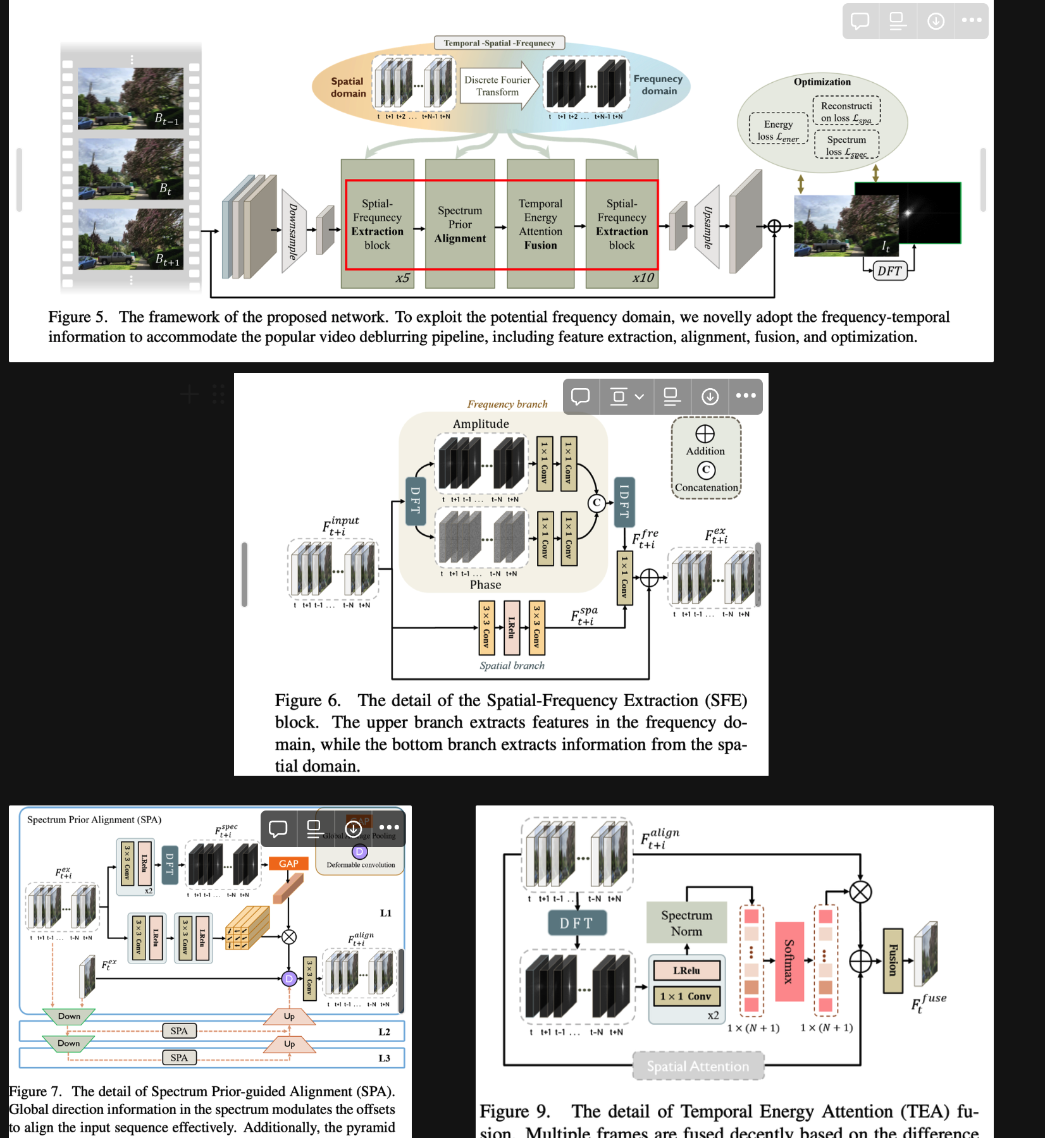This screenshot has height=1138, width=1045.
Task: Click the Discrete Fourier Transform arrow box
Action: [498, 86]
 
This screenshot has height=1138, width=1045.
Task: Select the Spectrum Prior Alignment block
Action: [460, 224]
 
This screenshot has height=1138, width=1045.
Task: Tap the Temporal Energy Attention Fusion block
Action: [540, 224]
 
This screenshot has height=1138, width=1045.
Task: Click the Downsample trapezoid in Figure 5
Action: [293, 231]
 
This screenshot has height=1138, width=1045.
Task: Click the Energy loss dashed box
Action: [778, 130]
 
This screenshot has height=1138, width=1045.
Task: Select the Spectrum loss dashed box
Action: [846, 145]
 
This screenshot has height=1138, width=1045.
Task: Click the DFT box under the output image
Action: [889, 271]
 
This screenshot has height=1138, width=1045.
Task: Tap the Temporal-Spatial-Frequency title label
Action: [499, 43]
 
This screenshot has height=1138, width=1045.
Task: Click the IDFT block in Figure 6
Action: [624, 502]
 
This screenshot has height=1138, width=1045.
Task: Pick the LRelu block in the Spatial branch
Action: [512, 628]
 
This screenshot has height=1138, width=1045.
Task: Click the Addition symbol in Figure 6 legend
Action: [705, 434]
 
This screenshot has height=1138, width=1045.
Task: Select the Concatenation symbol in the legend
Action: [706, 470]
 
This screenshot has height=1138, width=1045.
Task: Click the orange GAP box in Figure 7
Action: [288, 864]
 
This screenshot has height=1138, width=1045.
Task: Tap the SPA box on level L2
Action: [179, 1031]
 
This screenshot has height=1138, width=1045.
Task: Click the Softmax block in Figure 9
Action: [789, 961]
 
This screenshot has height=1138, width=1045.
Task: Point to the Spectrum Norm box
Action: [686, 923]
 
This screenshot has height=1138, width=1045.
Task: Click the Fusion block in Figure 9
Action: [893, 960]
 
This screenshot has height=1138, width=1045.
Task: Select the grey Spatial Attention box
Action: [698, 1067]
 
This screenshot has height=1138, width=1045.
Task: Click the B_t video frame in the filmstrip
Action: [130, 169]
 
